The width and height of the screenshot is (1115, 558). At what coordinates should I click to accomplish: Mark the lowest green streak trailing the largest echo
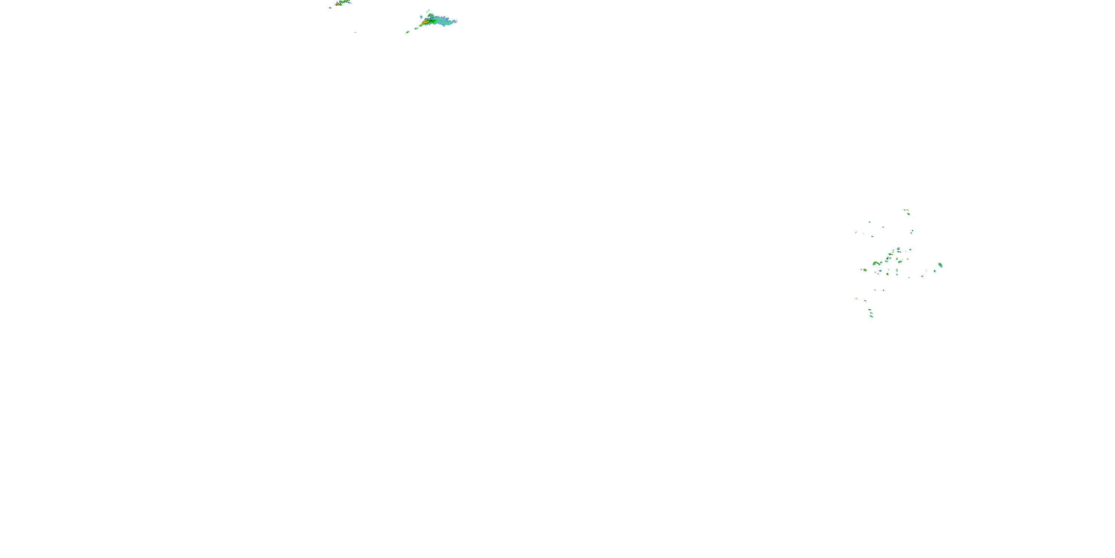(x=408, y=32)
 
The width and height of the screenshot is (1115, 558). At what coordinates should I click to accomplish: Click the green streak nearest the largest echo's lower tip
(x=416, y=29)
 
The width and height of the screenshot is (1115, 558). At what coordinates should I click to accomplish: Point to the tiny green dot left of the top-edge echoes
(x=330, y=8)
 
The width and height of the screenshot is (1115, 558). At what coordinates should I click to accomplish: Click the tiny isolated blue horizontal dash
(x=355, y=32)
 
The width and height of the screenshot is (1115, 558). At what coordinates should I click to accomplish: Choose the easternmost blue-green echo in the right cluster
(x=941, y=265)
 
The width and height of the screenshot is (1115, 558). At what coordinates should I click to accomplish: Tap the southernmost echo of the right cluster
(x=871, y=317)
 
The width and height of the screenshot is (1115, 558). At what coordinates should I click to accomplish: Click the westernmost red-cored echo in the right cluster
(x=865, y=270)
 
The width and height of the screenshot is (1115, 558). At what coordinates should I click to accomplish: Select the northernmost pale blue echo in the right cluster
(x=908, y=210)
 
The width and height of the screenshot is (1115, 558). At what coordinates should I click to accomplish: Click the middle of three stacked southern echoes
(x=871, y=313)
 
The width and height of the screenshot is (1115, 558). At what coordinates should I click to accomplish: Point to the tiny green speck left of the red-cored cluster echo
(x=862, y=269)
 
